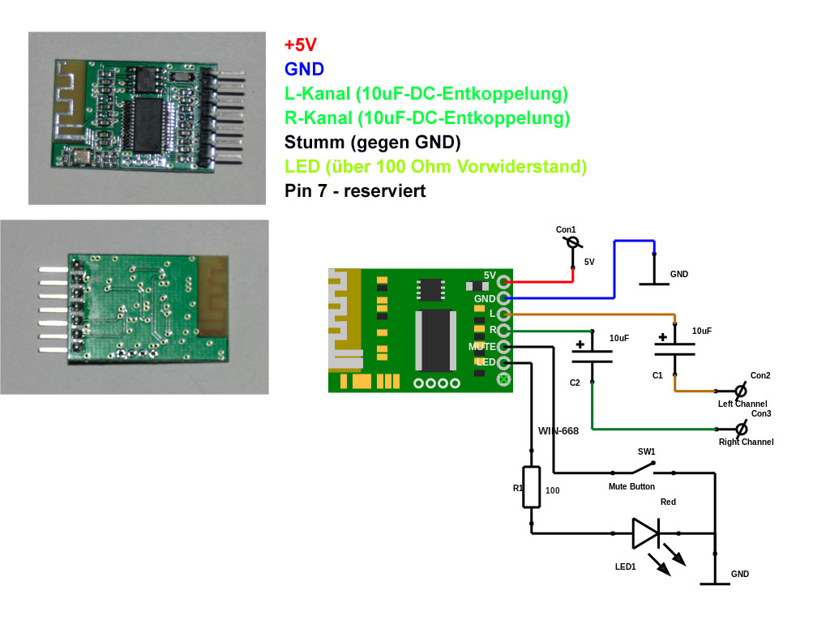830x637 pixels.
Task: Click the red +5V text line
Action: click(x=300, y=45)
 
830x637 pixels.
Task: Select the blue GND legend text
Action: click(x=304, y=69)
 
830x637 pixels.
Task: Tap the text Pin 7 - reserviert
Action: click(x=355, y=191)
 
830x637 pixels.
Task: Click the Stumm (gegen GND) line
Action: click(x=372, y=143)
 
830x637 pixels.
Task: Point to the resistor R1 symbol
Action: click(x=532, y=486)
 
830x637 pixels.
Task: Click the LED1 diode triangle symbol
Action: click(x=646, y=533)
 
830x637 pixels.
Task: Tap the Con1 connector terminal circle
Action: click(x=573, y=242)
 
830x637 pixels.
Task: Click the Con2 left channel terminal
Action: click(x=739, y=390)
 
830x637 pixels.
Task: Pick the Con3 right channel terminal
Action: click(x=739, y=428)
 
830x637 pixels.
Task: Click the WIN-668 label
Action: click(x=558, y=431)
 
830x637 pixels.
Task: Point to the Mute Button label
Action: click(x=631, y=487)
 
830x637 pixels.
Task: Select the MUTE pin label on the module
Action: click(x=481, y=346)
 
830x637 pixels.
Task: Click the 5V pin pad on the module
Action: click(x=504, y=282)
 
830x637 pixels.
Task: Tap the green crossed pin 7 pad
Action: click(x=504, y=378)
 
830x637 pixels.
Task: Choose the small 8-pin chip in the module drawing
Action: click(x=430, y=289)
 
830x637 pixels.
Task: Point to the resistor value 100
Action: click(x=552, y=490)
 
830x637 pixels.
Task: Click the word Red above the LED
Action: click(x=668, y=502)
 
